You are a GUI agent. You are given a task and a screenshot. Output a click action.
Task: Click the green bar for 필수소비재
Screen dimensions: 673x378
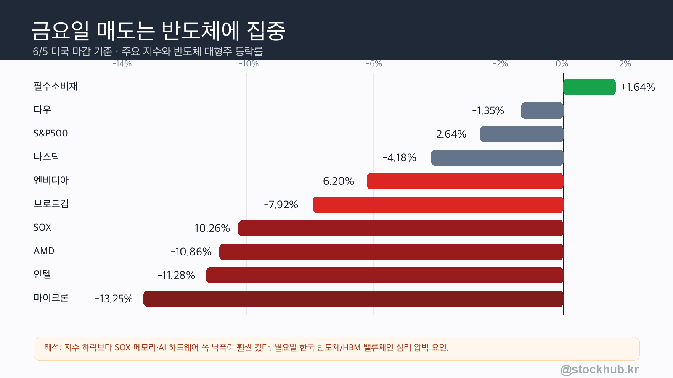tap(589, 87)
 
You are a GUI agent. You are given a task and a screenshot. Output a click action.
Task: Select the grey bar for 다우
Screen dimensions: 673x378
tap(542, 111)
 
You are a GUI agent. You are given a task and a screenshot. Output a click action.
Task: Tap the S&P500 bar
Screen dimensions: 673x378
tap(522, 134)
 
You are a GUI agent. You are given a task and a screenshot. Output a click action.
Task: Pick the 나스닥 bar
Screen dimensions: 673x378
tap(497, 157)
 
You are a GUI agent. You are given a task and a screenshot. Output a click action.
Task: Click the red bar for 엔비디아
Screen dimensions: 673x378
tap(465, 181)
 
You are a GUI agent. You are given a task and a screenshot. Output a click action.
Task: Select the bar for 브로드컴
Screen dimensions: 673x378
tap(438, 205)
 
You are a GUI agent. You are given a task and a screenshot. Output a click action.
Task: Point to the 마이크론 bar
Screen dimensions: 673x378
tap(353, 299)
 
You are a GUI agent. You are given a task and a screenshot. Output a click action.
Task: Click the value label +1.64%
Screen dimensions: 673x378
tap(638, 87)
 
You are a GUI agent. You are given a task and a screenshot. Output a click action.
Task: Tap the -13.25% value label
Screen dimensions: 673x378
tap(114, 299)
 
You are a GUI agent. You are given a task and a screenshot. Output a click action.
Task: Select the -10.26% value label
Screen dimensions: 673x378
tap(210, 228)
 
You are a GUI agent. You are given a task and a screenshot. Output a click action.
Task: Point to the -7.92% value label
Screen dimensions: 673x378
tap(281, 205)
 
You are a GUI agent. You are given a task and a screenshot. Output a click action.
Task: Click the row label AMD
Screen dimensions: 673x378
tap(44, 251)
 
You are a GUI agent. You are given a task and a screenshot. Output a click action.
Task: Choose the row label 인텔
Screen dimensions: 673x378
tap(42, 274)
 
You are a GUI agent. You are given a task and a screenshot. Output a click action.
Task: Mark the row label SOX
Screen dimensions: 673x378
tap(42, 227)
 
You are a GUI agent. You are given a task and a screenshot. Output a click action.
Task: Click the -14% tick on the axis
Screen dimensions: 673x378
tap(122, 63)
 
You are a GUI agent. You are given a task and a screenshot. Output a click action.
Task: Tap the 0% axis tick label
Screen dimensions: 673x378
tap(562, 63)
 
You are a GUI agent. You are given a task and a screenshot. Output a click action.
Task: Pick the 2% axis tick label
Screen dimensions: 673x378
tap(625, 63)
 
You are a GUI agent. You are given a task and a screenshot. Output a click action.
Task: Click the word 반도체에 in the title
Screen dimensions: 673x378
tap(200, 31)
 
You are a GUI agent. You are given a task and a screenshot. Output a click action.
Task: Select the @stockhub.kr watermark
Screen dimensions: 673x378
tap(600, 370)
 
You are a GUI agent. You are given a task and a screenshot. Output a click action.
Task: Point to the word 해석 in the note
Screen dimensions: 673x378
tap(52, 347)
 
